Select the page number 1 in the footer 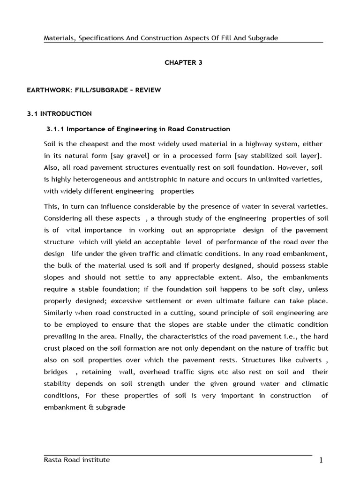click(321, 460)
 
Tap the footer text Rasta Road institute click(77, 460)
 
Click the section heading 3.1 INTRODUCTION click(59, 113)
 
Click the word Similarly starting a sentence click(60, 313)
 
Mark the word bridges click(56, 372)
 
